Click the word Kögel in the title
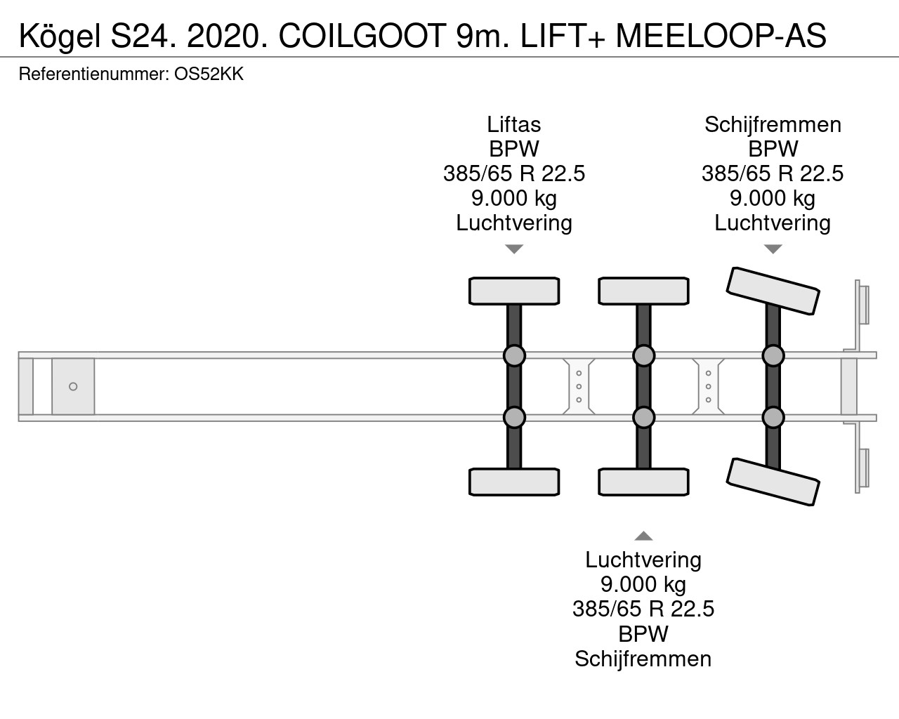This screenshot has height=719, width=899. coord(60,37)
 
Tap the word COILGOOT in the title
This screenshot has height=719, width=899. coord(362,36)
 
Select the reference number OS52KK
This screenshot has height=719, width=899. coord(209,74)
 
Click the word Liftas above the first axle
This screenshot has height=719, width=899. coord(514,124)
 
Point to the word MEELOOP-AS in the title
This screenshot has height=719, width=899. coord(721,36)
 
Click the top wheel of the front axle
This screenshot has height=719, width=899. coord(514,291)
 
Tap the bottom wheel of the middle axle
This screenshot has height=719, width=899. coord(643,482)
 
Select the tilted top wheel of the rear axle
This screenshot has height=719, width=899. coord(773,291)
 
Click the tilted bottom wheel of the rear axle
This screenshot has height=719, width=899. coord(773,482)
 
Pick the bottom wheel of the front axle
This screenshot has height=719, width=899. coord(514,482)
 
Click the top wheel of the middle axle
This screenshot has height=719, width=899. coord(643,291)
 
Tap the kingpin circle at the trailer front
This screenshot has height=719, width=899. coord(73,386)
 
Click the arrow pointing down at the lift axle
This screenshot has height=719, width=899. coord(514,249)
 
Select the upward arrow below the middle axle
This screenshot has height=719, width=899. coord(643,536)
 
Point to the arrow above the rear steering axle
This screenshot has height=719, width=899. coord(773,249)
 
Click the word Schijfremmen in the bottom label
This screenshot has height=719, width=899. coord(643,659)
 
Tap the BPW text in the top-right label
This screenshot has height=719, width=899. coord(773,149)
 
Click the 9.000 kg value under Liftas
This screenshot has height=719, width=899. coord(514,198)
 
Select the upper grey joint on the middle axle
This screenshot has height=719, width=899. coord(643,355)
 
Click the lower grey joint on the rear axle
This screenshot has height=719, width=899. coord(773,417)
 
